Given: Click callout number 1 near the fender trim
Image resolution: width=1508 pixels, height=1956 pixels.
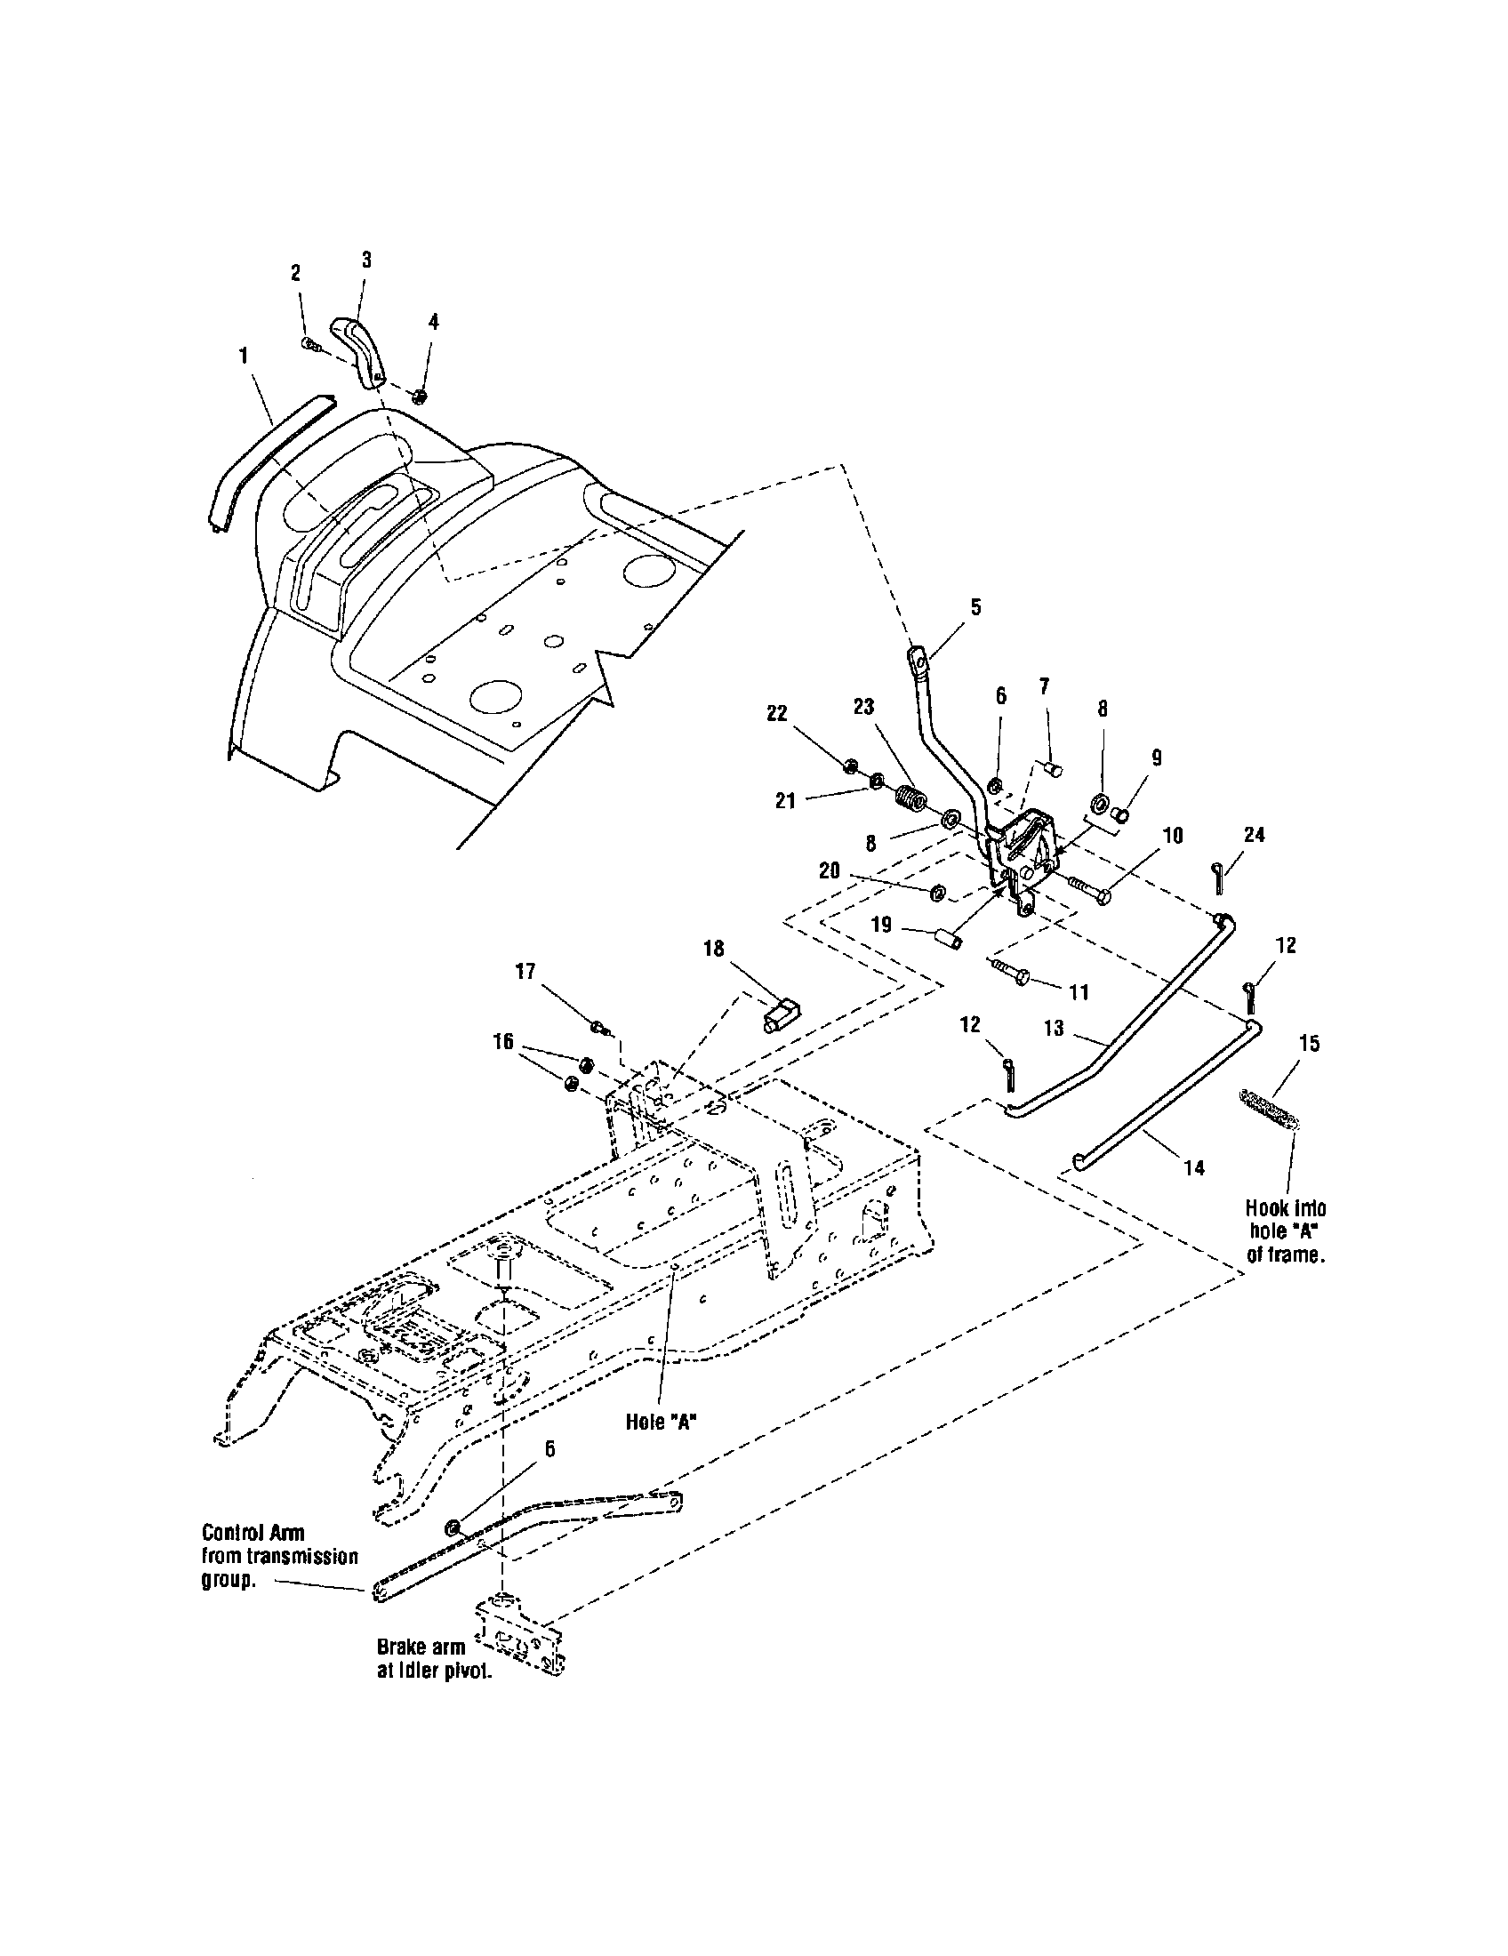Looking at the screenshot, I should [x=243, y=357].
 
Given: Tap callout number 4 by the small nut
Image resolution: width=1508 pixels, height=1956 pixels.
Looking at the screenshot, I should [x=433, y=323].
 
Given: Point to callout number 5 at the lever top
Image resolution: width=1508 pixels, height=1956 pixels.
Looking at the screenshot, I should [x=975, y=607].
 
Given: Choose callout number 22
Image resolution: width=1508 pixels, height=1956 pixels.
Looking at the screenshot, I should [x=776, y=713].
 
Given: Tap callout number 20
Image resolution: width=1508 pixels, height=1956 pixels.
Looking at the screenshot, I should [x=830, y=870].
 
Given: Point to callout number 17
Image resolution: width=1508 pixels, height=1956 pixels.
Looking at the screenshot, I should [x=525, y=972].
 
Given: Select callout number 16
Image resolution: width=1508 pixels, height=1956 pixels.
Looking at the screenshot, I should [x=503, y=1041].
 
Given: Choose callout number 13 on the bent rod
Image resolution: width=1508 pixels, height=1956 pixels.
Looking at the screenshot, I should [x=1053, y=1027].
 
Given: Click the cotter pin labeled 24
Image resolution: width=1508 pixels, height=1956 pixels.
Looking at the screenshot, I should [x=1218, y=873].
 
